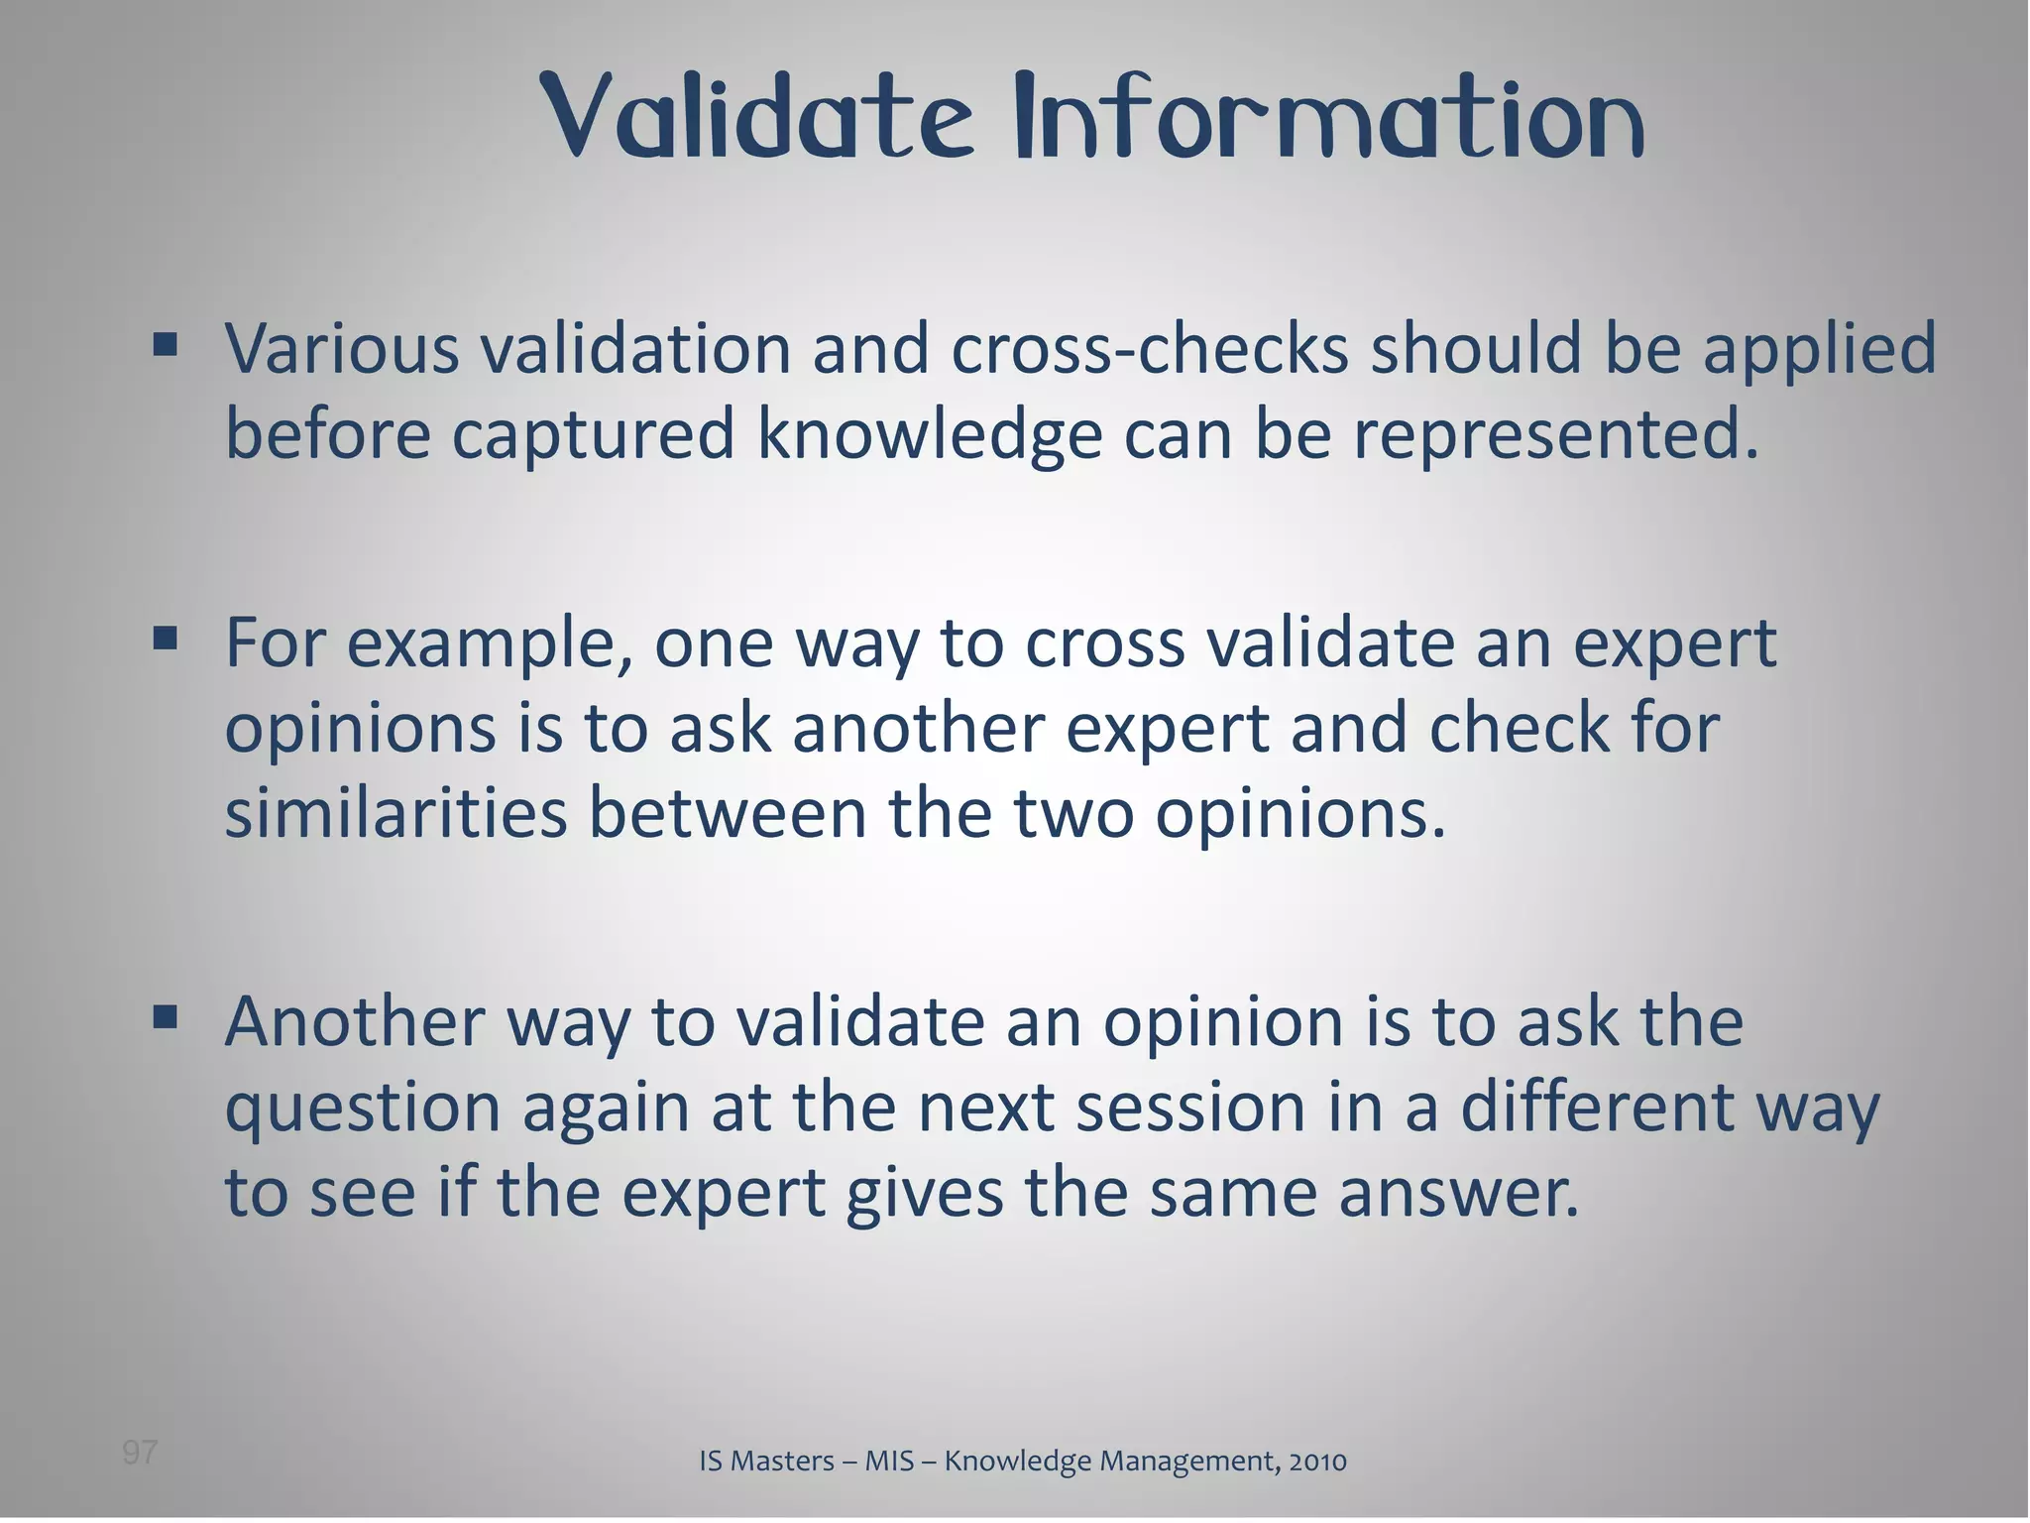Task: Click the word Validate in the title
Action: (x=757, y=119)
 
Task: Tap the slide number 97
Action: (x=140, y=1453)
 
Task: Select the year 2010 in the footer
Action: (x=1317, y=1461)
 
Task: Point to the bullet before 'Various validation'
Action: (x=166, y=345)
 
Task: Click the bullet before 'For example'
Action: (x=166, y=639)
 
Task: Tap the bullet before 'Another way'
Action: (x=166, y=1017)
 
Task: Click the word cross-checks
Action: (x=1150, y=349)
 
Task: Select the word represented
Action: (x=1556, y=436)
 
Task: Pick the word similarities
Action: (x=395, y=813)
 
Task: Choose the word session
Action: (x=1190, y=1109)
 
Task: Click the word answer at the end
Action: (x=1457, y=1194)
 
